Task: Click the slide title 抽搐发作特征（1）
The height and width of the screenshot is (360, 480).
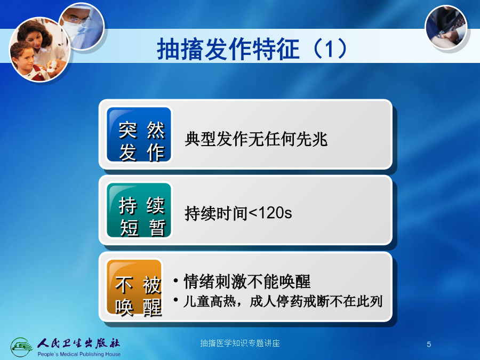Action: tap(252, 49)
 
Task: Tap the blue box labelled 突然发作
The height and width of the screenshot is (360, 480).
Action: tap(139, 134)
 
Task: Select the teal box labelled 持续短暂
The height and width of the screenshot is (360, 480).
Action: tap(139, 210)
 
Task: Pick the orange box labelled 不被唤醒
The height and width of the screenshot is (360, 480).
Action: tap(134, 287)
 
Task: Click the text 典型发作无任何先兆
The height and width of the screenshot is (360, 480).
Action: tap(256, 139)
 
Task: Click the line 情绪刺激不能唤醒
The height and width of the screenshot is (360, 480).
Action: tap(247, 281)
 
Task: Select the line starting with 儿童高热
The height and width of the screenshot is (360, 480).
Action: tap(283, 301)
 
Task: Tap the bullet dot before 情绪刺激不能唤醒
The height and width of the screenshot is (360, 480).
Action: tap(175, 281)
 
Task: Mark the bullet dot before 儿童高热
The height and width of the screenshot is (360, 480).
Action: tap(175, 299)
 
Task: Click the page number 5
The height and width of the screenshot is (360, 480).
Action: tap(429, 344)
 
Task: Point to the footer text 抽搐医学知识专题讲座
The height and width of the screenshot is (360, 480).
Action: tap(240, 343)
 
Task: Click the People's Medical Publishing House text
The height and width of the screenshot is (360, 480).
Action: tap(79, 354)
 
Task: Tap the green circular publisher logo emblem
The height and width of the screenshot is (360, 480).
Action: tap(21, 347)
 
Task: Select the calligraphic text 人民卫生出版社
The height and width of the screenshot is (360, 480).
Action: tap(79, 343)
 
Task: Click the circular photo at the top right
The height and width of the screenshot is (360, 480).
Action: tap(446, 27)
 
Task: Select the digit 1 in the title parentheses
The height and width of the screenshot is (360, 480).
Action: tap(329, 49)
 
